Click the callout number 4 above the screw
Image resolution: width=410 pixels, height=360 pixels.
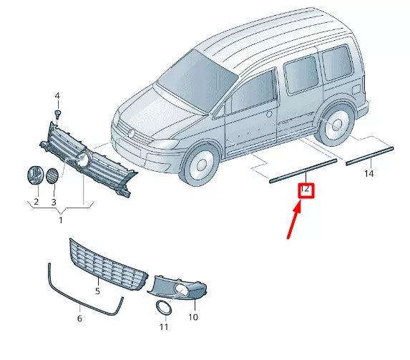pos(58,96)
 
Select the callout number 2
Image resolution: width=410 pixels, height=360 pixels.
pos(35,203)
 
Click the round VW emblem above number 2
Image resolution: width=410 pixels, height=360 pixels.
pos(34,177)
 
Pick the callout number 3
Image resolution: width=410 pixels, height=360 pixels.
pos(53,203)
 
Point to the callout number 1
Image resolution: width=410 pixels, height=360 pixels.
pos(61,220)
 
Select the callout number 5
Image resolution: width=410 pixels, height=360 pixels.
pos(98,291)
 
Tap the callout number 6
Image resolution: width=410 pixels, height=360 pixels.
pos(79,318)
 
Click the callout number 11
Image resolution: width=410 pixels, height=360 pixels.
pos(164,327)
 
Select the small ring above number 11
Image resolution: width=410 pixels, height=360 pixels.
pos(164,308)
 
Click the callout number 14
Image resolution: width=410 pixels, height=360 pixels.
pos(368,174)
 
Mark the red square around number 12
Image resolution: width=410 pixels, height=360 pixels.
pos(306,190)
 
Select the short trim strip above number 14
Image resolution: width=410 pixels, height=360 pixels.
pos(369,155)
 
